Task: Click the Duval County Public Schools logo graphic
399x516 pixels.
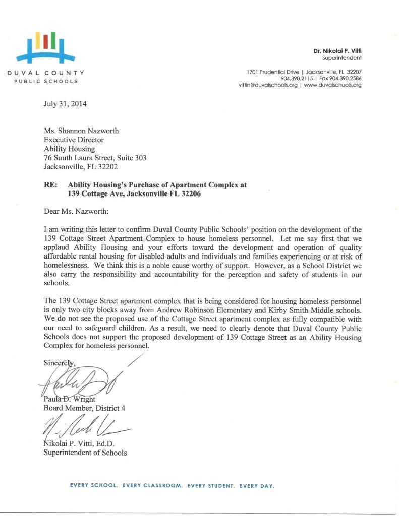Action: [x=46, y=46]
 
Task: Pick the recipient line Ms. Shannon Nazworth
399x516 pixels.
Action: [x=81, y=131]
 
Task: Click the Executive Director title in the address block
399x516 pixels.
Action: [x=74, y=140]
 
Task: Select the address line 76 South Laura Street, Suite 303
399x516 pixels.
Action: [x=95, y=158]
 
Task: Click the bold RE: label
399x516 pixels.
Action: [x=51, y=185]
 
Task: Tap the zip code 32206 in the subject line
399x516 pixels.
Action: [x=190, y=194]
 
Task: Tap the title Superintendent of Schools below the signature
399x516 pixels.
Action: [x=85, y=453]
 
